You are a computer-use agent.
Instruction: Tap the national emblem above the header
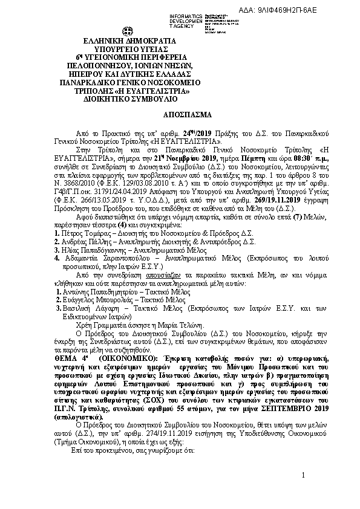(128, 31)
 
